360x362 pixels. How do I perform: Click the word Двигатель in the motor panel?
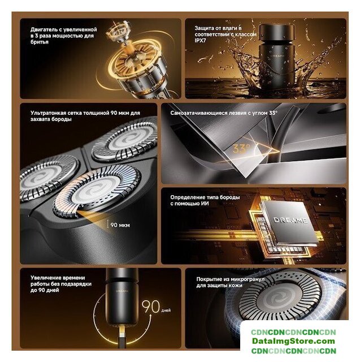45,30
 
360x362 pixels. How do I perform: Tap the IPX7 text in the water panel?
200,41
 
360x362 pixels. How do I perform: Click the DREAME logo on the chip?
290,220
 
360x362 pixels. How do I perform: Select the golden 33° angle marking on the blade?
241,148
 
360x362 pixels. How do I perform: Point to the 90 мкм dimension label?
120,225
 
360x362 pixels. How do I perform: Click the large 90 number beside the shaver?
150,307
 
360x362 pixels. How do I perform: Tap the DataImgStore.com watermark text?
293,341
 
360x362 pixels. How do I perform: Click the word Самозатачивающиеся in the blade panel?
199,113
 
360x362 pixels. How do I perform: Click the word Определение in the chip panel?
187,197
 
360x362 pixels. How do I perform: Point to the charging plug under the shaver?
122,335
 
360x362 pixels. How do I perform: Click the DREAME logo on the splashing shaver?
277,56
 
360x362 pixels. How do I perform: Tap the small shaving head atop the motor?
119,32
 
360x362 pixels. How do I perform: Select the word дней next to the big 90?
166,311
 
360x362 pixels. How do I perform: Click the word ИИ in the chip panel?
205,204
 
